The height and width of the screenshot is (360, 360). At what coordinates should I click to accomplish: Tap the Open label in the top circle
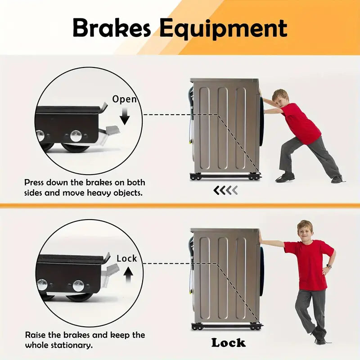(124, 99)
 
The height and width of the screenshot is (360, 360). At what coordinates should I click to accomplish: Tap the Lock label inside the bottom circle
(126, 258)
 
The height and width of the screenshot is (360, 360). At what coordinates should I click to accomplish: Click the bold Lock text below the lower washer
(229, 343)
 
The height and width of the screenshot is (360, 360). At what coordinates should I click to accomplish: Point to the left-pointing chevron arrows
(225, 190)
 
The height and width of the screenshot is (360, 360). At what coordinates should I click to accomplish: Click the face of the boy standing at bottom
(306, 232)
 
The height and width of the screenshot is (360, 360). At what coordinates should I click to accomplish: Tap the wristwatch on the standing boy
(329, 266)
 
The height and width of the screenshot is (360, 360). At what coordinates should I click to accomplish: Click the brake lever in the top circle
(110, 133)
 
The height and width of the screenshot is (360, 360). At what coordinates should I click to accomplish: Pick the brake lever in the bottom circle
(111, 273)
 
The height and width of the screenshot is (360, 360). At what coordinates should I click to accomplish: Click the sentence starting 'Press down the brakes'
(85, 188)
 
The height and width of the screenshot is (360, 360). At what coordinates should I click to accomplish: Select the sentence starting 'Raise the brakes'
(85, 340)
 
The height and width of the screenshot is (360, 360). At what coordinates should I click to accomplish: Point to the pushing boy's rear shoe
(337, 179)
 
